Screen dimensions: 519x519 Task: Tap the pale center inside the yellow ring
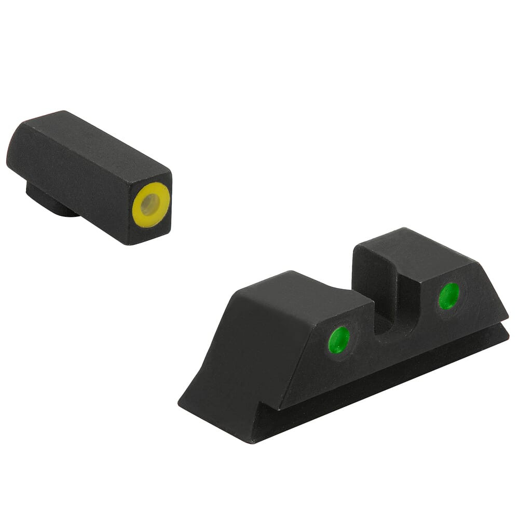coord(150,206)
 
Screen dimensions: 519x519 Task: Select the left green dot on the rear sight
coord(340,340)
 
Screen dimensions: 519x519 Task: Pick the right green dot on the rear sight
coord(448,296)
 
